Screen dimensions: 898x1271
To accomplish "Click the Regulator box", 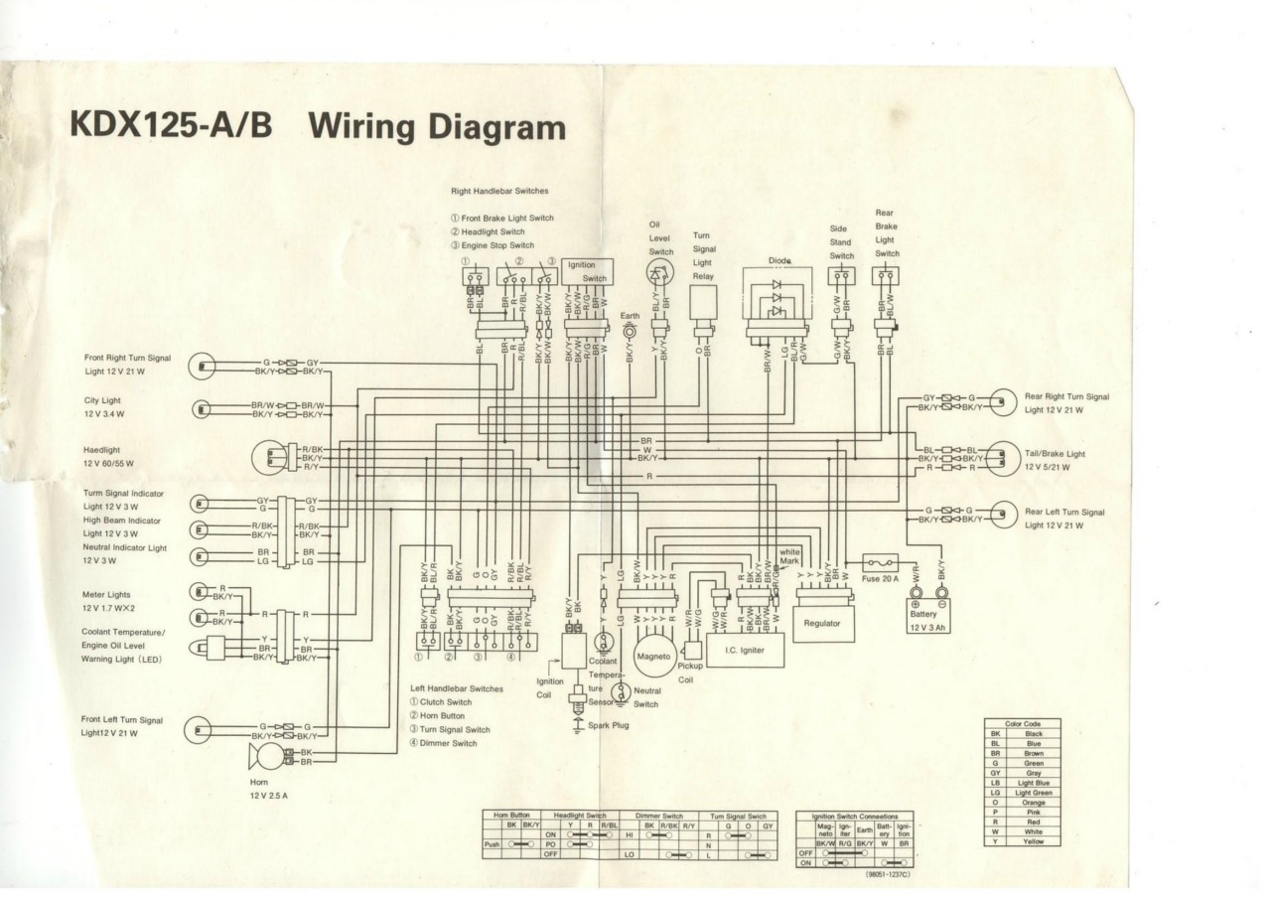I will [822, 622].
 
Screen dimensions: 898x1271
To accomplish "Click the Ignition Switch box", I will [587, 271].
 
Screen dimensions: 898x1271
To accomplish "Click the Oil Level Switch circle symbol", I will [661, 280].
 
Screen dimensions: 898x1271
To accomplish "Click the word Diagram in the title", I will [487, 128].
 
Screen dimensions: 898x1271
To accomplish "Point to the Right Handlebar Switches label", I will [498, 190].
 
